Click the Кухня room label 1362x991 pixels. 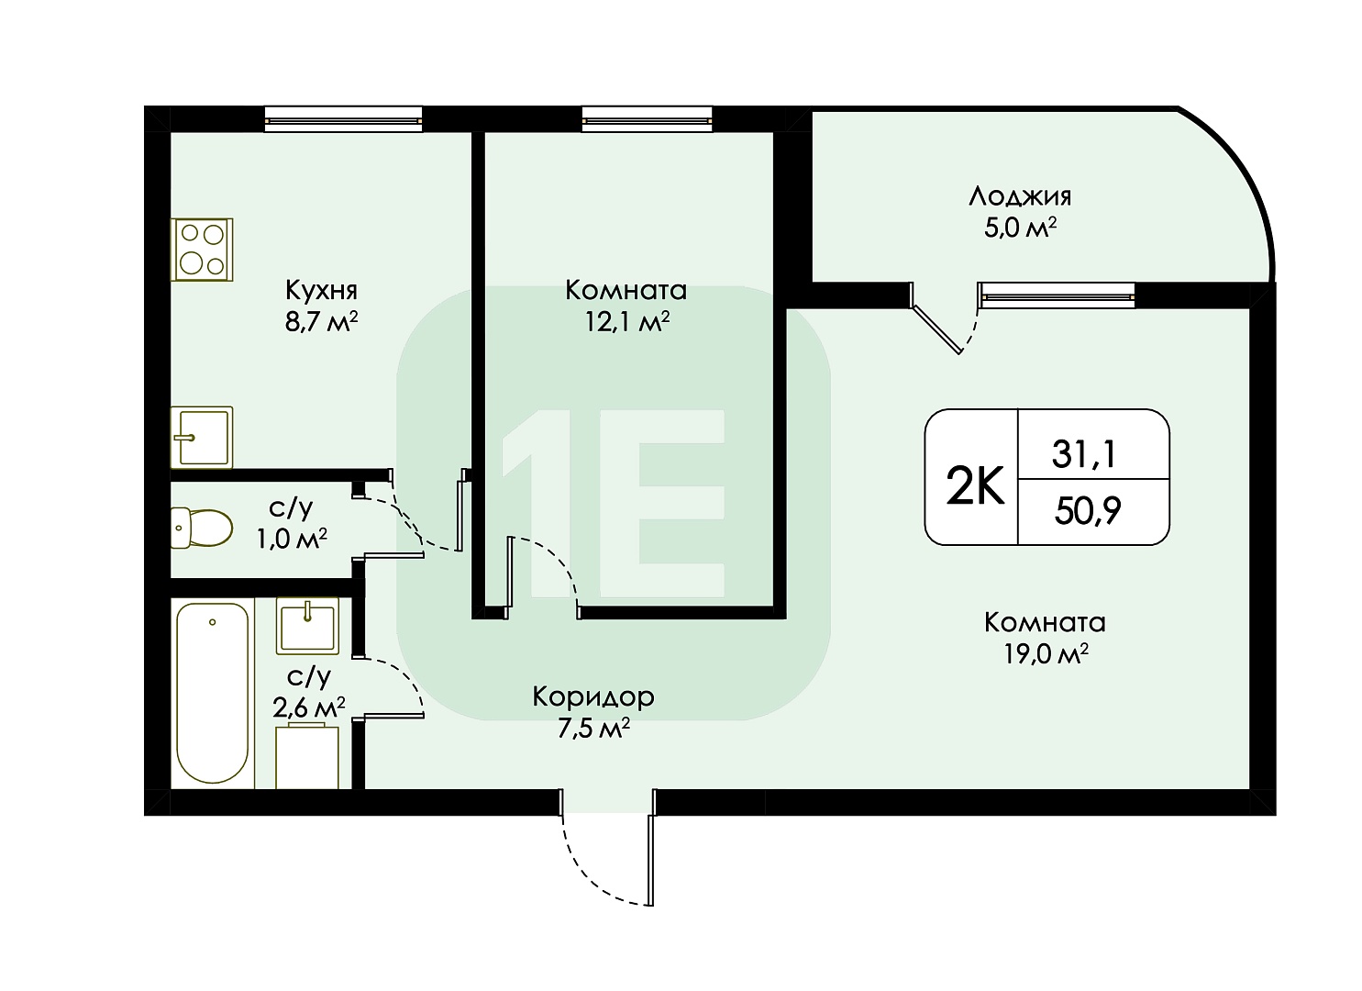coord(321,291)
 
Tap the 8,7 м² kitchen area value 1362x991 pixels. coord(321,321)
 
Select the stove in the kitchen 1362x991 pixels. coord(201,250)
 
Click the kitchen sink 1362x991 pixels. coord(201,437)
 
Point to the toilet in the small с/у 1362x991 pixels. coord(201,528)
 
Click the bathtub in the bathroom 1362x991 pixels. coord(212,693)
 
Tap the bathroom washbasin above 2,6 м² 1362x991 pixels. coord(307,626)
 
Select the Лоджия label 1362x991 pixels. coord(1020,197)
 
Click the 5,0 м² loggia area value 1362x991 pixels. coord(1020,228)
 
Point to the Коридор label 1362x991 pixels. coord(592,696)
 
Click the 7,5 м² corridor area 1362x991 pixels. coord(592,729)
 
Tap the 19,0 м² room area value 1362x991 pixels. coord(1046,655)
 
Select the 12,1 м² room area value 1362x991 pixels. coord(626,322)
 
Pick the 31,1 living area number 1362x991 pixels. coord(1085,454)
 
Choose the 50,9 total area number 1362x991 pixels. coord(1088,510)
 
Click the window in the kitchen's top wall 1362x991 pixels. coord(344,119)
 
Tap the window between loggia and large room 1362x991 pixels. coord(1057,295)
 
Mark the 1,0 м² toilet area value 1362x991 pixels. coord(292,539)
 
